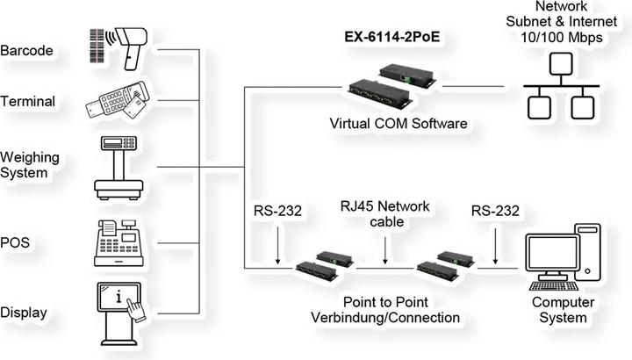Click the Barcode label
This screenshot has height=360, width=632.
point(29,50)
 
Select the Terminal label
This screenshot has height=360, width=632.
point(29,102)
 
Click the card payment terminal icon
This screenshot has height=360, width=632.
point(118,103)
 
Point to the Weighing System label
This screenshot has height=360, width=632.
point(31,165)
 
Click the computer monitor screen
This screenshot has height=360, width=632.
point(549,253)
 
